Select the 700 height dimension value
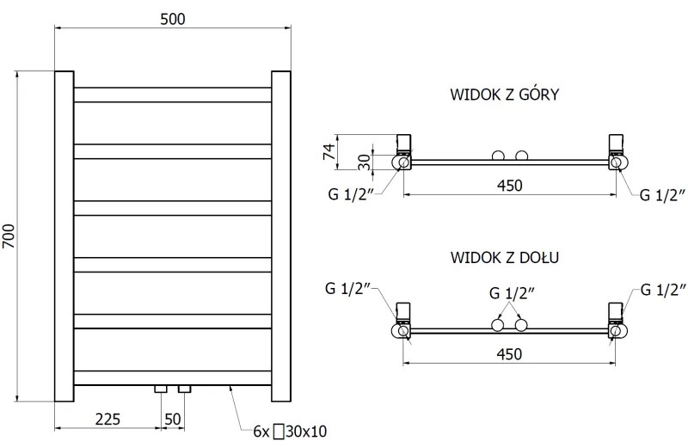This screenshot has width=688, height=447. click(x=10, y=236)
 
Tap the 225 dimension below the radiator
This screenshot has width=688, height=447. click(x=107, y=419)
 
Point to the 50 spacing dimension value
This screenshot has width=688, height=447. click(x=173, y=419)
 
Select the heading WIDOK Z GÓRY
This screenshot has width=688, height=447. click(x=505, y=94)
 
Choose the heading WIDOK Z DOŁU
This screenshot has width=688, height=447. click(x=505, y=257)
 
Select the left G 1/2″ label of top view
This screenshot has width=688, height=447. click(x=349, y=194)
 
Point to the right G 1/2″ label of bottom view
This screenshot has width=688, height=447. click(x=663, y=290)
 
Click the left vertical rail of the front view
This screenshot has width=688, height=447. click(x=64, y=236)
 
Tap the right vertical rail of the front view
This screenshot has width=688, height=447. click(x=282, y=236)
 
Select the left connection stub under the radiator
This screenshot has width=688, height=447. click(x=161, y=389)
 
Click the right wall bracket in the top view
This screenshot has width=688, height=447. click(x=616, y=144)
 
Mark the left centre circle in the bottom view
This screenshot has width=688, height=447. click(x=497, y=325)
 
